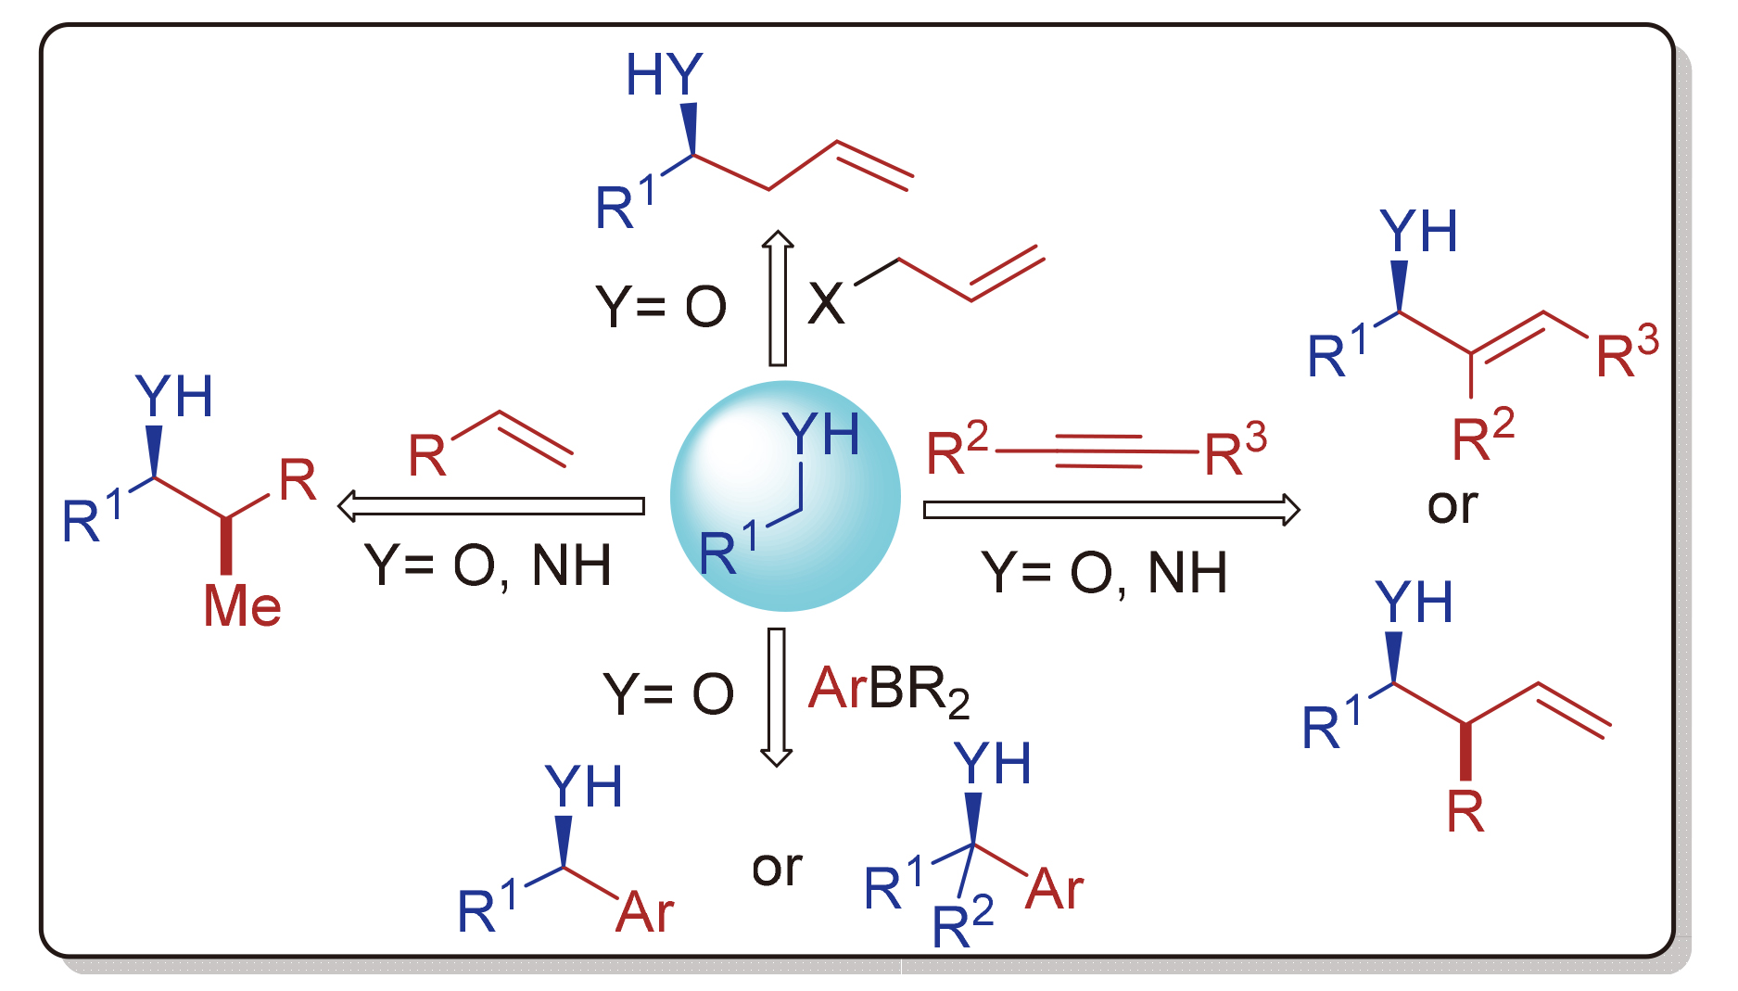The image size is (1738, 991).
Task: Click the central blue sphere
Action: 784,497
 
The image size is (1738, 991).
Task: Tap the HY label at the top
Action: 664,74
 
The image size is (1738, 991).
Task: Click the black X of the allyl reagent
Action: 826,303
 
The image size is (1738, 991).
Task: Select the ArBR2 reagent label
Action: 888,691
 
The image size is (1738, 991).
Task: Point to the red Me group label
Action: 242,606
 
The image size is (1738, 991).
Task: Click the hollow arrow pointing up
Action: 778,299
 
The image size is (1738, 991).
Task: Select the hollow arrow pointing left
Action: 491,506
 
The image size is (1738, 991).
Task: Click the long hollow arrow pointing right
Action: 1111,509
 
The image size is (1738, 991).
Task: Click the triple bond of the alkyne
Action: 1097,451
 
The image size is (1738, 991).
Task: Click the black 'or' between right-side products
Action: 1452,506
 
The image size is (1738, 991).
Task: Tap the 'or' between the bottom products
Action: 777,869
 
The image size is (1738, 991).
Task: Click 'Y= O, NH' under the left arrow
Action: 488,565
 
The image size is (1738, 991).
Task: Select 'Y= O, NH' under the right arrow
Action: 1104,573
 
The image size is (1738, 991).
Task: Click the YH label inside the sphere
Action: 820,433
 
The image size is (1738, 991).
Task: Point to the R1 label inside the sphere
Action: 728,549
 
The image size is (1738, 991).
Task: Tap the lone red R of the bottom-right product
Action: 1465,812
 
